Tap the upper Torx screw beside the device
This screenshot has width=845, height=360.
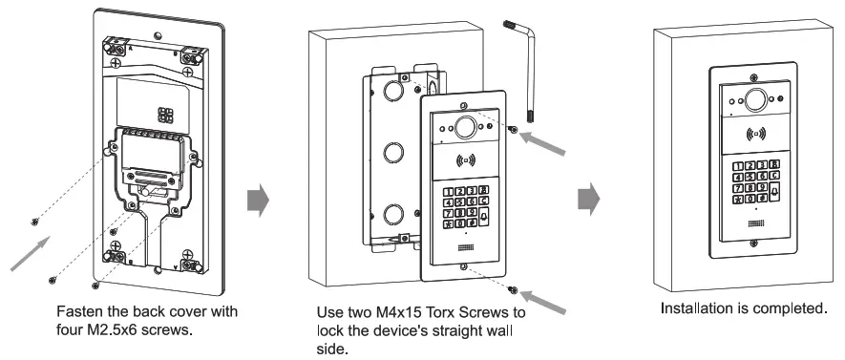click(x=516, y=131)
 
